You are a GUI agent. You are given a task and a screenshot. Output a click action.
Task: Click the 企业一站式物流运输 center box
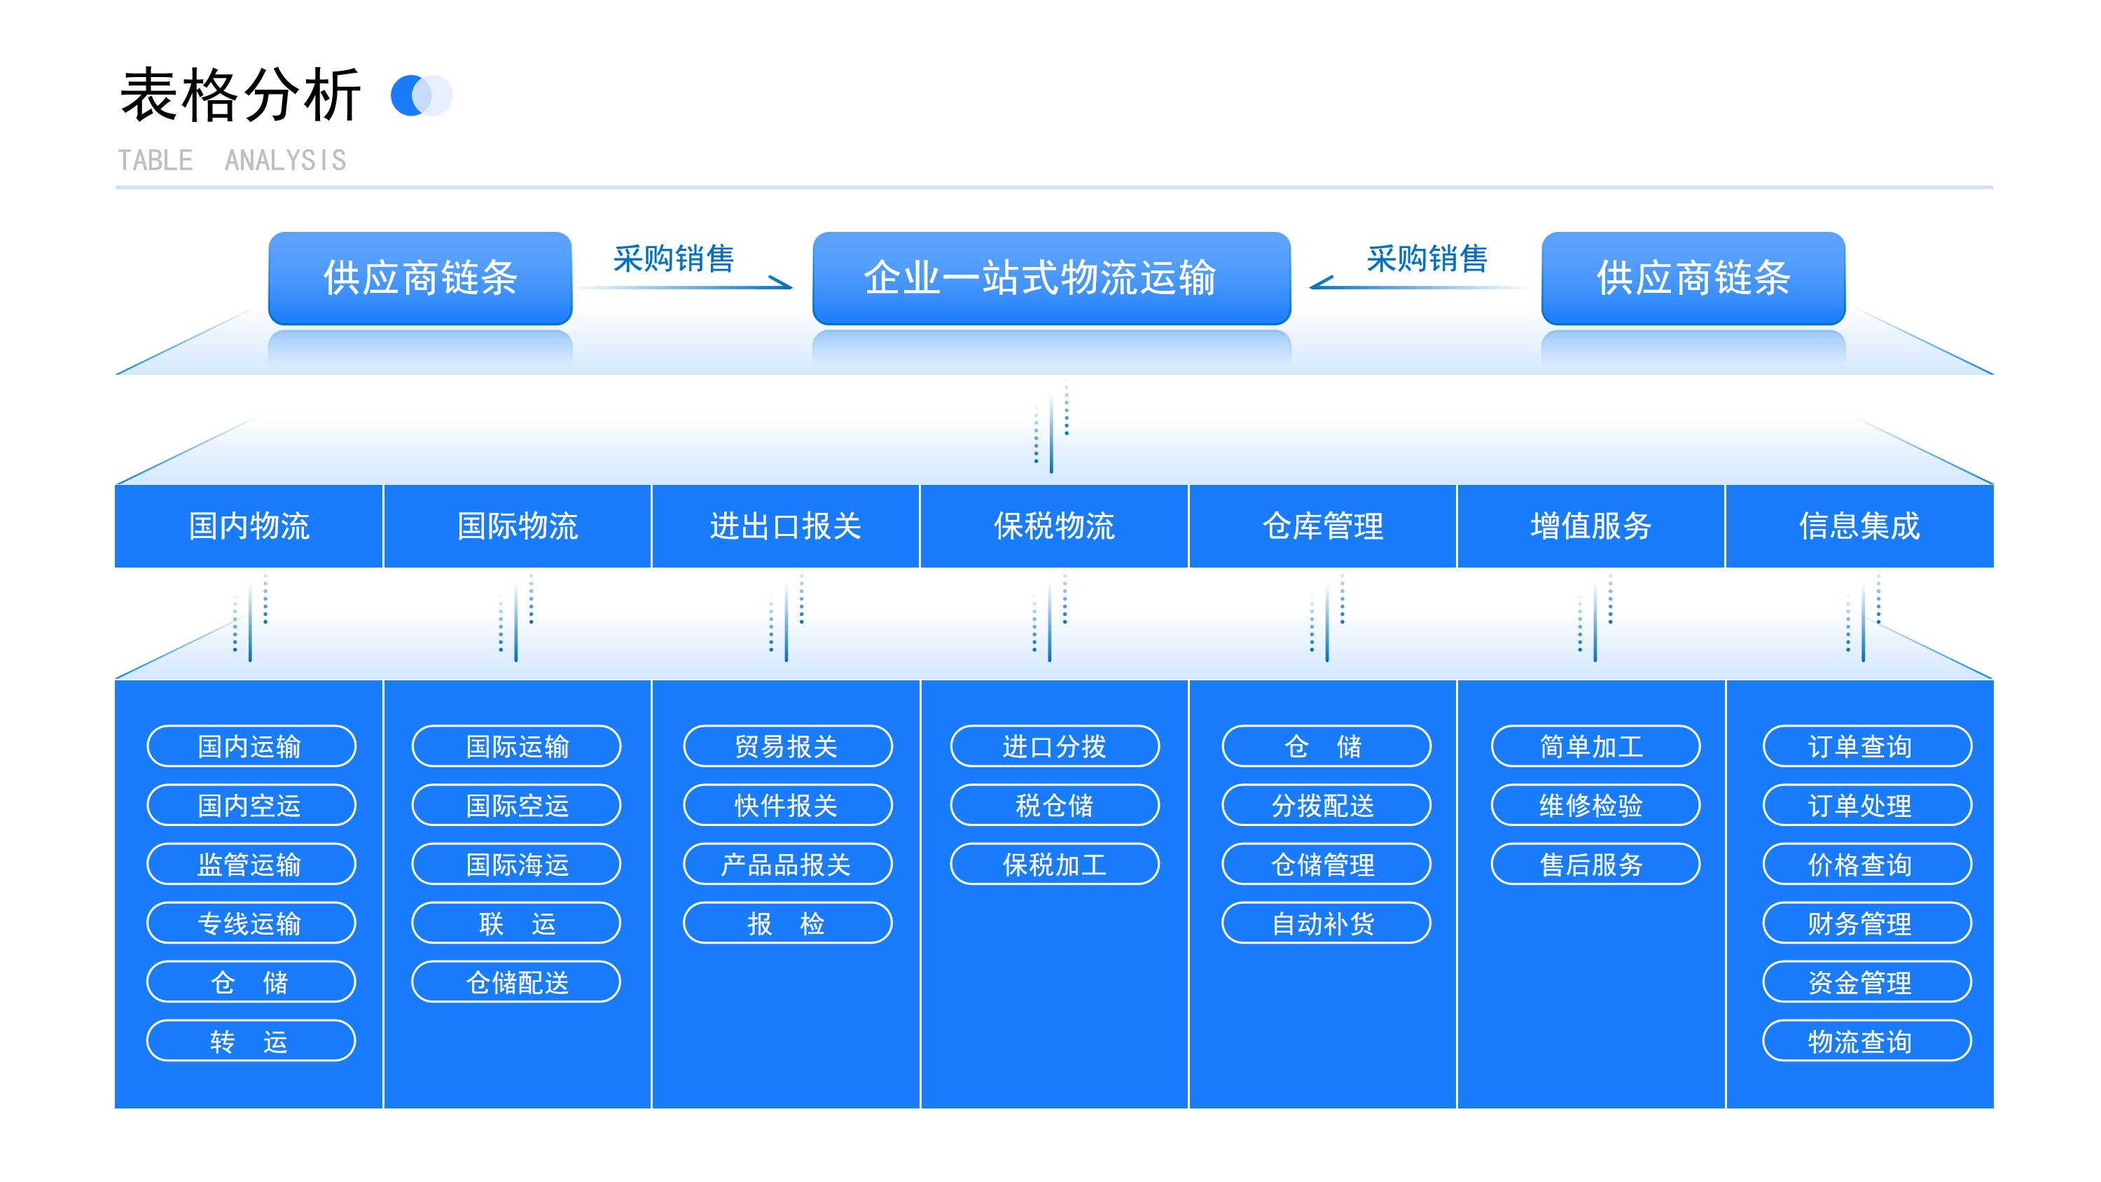(1051, 278)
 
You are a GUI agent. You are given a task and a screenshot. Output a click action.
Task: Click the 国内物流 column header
(249, 526)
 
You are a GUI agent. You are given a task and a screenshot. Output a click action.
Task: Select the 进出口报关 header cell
(786, 526)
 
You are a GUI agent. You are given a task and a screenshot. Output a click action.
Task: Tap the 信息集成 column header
(1859, 526)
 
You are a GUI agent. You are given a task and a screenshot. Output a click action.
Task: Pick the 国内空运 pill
(251, 805)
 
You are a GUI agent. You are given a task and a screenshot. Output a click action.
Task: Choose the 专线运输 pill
(251, 923)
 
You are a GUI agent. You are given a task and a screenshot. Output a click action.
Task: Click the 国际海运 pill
(516, 864)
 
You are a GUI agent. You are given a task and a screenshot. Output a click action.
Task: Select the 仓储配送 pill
(516, 982)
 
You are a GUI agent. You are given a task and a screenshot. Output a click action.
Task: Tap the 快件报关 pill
(787, 805)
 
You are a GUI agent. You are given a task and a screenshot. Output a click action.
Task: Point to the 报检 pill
(787, 923)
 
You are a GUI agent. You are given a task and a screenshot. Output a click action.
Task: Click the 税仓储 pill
(1055, 805)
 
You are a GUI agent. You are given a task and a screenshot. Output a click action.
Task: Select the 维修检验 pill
(1595, 805)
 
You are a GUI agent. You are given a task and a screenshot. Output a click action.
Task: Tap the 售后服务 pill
(1595, 864)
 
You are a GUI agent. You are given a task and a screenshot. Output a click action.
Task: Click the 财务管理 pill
(1867, 923)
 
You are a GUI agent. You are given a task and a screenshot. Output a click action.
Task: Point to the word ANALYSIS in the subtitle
(286, 160)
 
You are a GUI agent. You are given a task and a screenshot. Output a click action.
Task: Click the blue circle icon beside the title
(411, 95)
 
